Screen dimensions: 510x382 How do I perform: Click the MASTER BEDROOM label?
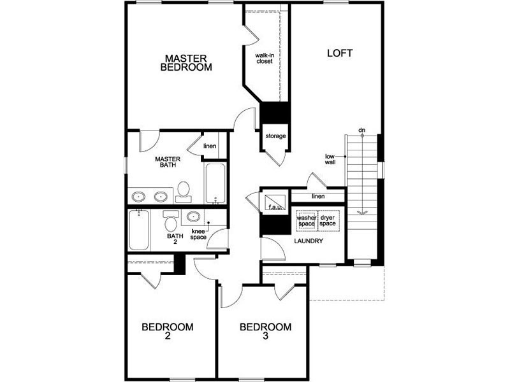(186, 62)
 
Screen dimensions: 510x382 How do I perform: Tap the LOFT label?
(340, 53)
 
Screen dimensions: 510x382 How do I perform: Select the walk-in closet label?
(265, 58)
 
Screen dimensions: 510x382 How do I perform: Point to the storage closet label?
(275, 136)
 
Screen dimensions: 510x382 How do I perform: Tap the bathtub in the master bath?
(215, 183)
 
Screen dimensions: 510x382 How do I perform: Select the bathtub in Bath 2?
(139, 230)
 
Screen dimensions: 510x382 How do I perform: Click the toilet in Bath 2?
(171, 221)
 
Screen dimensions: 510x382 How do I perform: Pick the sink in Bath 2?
(193, 216)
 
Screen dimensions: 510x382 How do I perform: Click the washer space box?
(307, 220)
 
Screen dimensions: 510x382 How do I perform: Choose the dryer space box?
(328, 220)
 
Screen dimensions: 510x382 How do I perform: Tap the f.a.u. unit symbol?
(275, 202)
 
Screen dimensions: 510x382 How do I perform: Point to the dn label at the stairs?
(361, 131)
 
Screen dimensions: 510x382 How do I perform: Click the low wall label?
(330, 159)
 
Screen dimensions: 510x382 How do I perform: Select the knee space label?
(198, 234)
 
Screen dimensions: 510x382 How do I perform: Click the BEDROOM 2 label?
(168, 331)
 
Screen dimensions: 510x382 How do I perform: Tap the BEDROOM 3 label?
(265, 331)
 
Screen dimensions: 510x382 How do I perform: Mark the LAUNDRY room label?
(309, 241)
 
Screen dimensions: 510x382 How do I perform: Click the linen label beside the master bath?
(210, 146)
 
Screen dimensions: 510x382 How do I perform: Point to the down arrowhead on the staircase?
(362, 213)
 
